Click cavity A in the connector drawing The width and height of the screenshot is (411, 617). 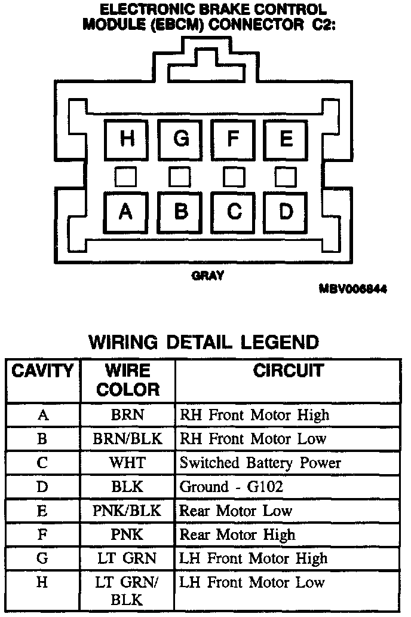(x=126, y=212)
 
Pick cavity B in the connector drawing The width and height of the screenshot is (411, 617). (x=180, y=212)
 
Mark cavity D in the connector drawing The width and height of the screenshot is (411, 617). (x=286, y=212)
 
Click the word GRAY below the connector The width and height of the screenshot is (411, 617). (x=207, y=276)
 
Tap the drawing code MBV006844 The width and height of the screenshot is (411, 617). (x=353, y=289)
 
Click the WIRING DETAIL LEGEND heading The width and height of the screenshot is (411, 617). (x=204, y=342)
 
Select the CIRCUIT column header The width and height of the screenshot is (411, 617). (x=288, y=371)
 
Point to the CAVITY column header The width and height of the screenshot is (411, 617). (x=43, y=371)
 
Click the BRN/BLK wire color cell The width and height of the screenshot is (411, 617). (x=128, y=439)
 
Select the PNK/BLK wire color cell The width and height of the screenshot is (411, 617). (x=128, y=511)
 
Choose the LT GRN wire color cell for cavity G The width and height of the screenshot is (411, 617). (x=128, y=558)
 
